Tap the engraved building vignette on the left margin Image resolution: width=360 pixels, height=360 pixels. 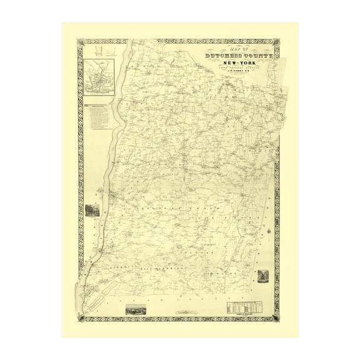(92, 209)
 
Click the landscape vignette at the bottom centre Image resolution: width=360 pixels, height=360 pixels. (136, 309)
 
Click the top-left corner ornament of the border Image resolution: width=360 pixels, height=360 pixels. (80, 42)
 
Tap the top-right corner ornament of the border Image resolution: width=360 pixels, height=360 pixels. (277, 42)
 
